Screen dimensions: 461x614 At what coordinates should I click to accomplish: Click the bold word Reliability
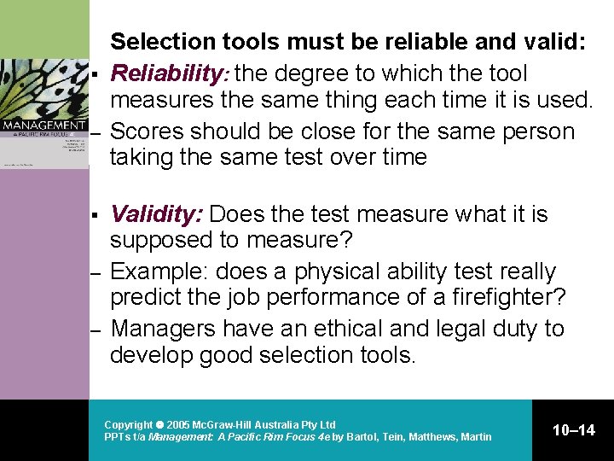click(x=160, y=74)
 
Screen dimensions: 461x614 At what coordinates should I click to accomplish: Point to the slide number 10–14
click(x=574, y=430)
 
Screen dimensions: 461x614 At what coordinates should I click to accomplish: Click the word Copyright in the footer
click(x=127, y=424)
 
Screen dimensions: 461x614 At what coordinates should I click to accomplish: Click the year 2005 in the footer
click(x=177, y=424)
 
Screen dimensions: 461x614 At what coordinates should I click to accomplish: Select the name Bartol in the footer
click(x=363, y=437)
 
